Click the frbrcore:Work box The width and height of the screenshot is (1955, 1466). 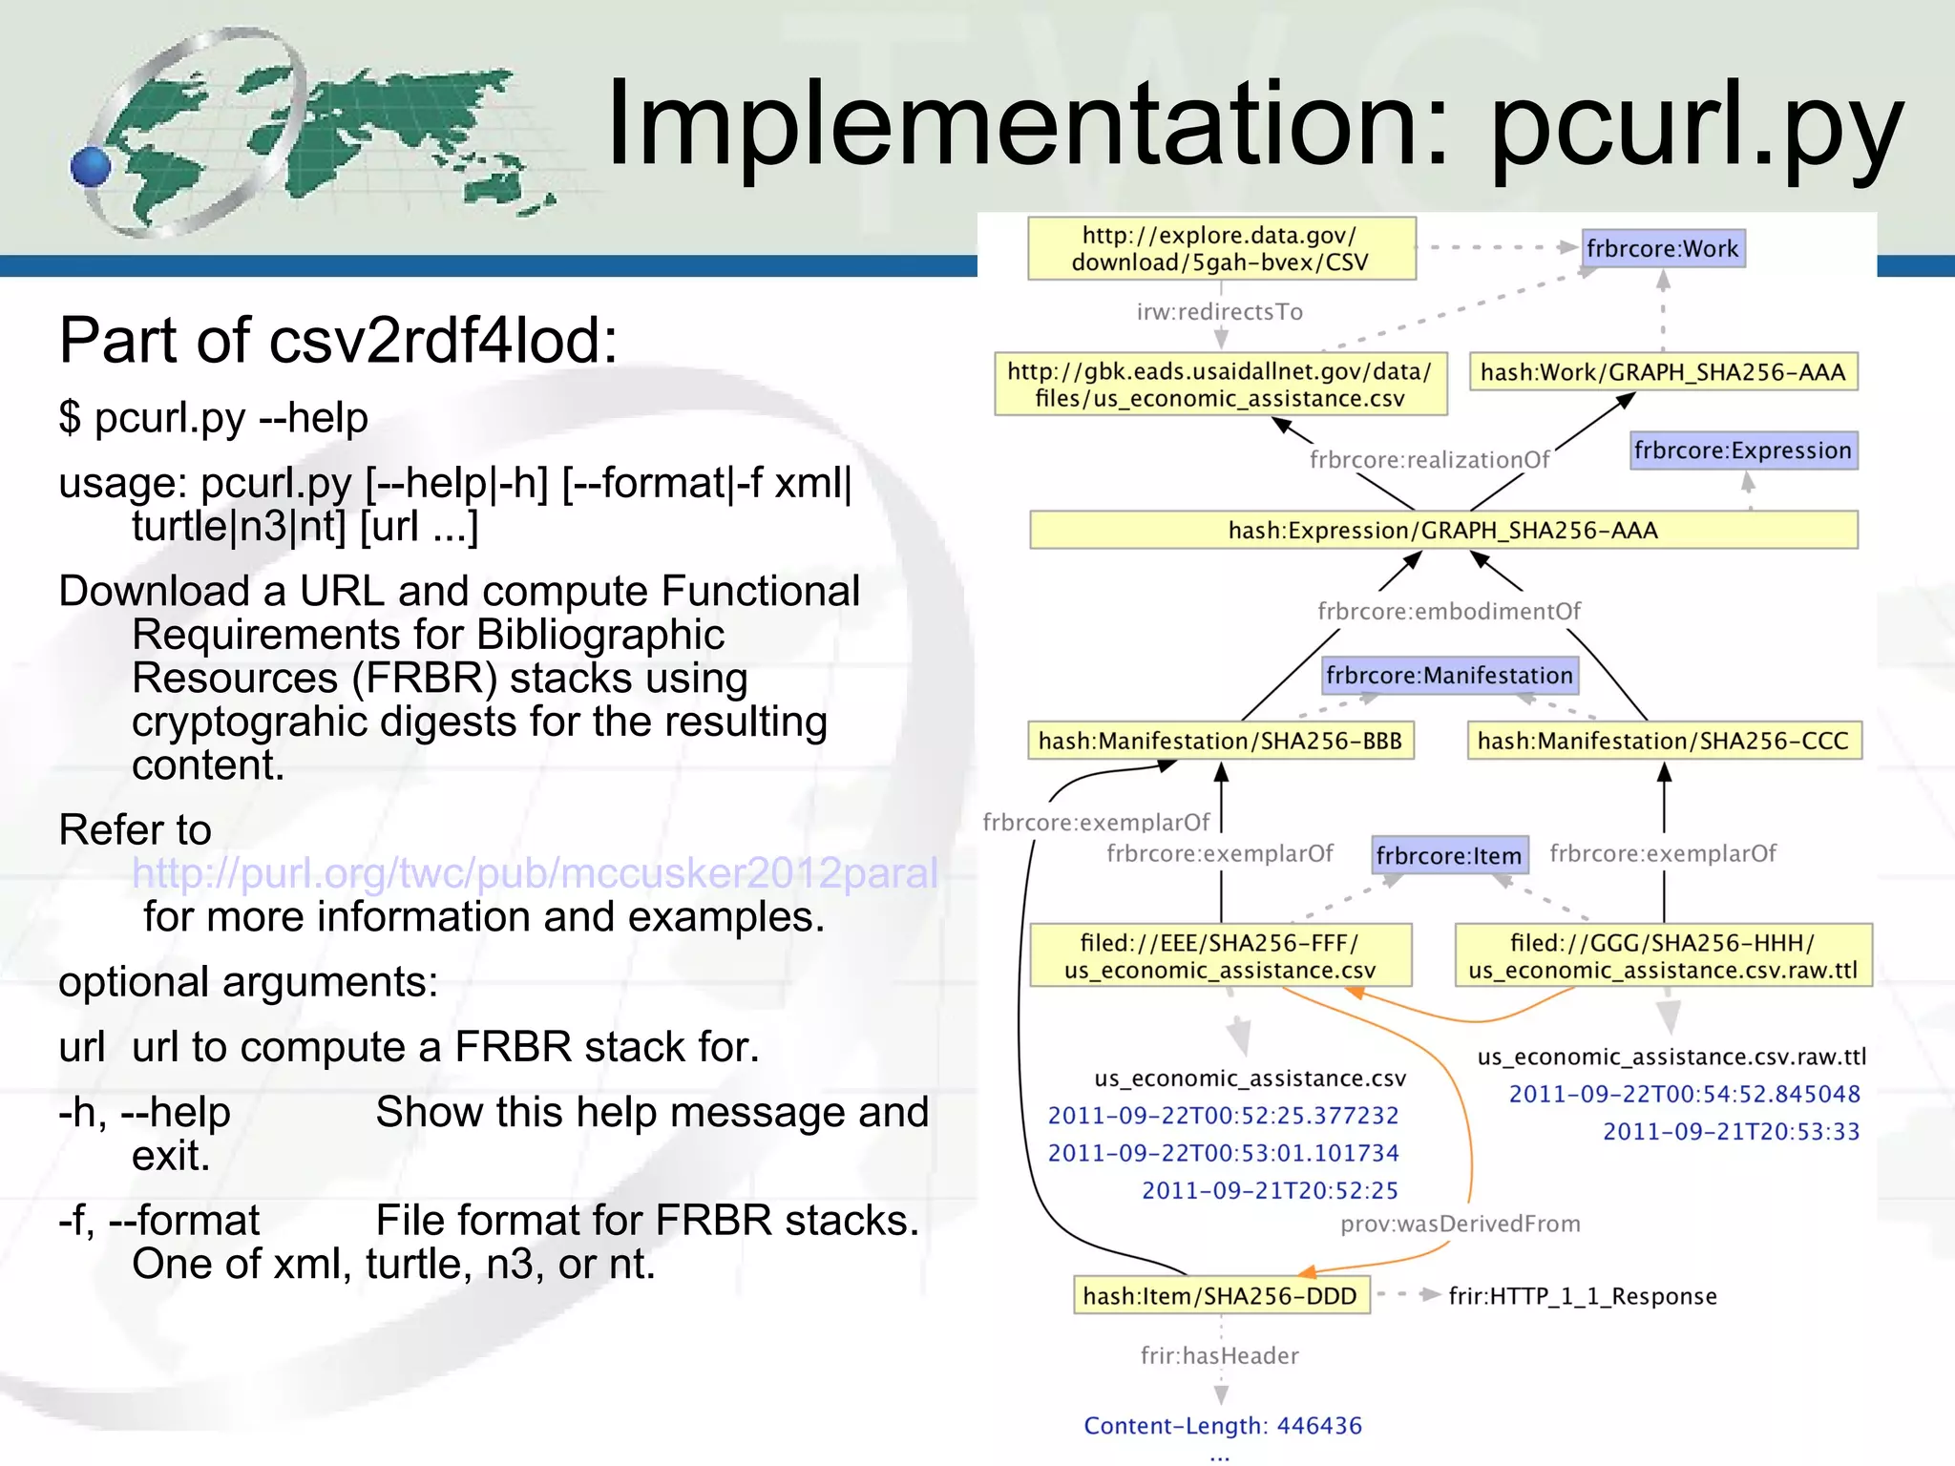[x=1662, y=249]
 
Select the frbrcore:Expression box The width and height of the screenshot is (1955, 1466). [x=1742, y=450]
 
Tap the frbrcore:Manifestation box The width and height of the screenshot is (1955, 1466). [x=1449, y=676]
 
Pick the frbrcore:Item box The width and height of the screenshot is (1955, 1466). [x=1448, y=856]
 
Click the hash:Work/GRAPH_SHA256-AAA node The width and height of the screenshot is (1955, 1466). [x=1662, y=372]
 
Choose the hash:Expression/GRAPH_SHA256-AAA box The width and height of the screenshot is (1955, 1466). [x=1442, y=531]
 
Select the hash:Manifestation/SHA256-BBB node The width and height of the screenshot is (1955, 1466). [x=1220, y=742]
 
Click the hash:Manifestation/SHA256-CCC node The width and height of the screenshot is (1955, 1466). [x=1663, y=742]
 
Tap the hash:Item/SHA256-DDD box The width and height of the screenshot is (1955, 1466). [x=1220, y=1296]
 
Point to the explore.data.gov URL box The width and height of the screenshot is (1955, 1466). [x=1220, y=249]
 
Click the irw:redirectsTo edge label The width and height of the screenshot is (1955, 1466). [x=1219, y=312]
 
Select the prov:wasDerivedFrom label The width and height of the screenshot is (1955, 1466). [x=1460, y=1225]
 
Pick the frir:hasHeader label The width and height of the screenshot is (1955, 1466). [x=1219, y=1356]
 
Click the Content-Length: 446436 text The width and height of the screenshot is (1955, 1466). [x=1222, y=1426]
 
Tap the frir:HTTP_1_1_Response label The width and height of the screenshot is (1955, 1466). [x=1582, y=1296]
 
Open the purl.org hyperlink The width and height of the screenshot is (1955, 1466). [x=535, y=873]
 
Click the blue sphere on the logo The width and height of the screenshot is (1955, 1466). [x=91, y=167]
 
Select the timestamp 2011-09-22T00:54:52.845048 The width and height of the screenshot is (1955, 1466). [x=1684, y=1095]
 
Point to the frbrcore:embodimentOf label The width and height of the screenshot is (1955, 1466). [x=1448, y=612]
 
